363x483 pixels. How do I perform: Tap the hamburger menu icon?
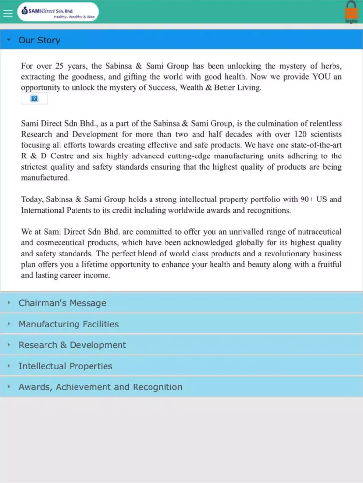click(x=8, y=13)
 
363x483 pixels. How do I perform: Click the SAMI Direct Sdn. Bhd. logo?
click(x=58, y=12)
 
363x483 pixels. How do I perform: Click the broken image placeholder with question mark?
click(x=34, y=99)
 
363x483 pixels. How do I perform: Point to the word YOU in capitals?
click(x=321, y=77)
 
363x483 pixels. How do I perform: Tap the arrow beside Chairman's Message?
click(x=9, y=303)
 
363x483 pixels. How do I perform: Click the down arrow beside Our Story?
click(x=9, y=40)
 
